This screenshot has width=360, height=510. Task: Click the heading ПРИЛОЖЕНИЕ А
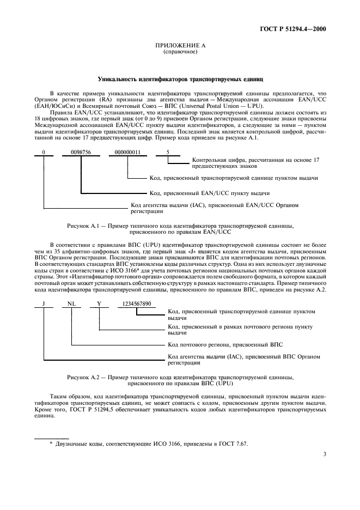180,46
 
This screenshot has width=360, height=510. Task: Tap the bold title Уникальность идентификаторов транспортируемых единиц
180,78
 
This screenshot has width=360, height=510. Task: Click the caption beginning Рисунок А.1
180,228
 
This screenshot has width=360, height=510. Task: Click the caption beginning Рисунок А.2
180,379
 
